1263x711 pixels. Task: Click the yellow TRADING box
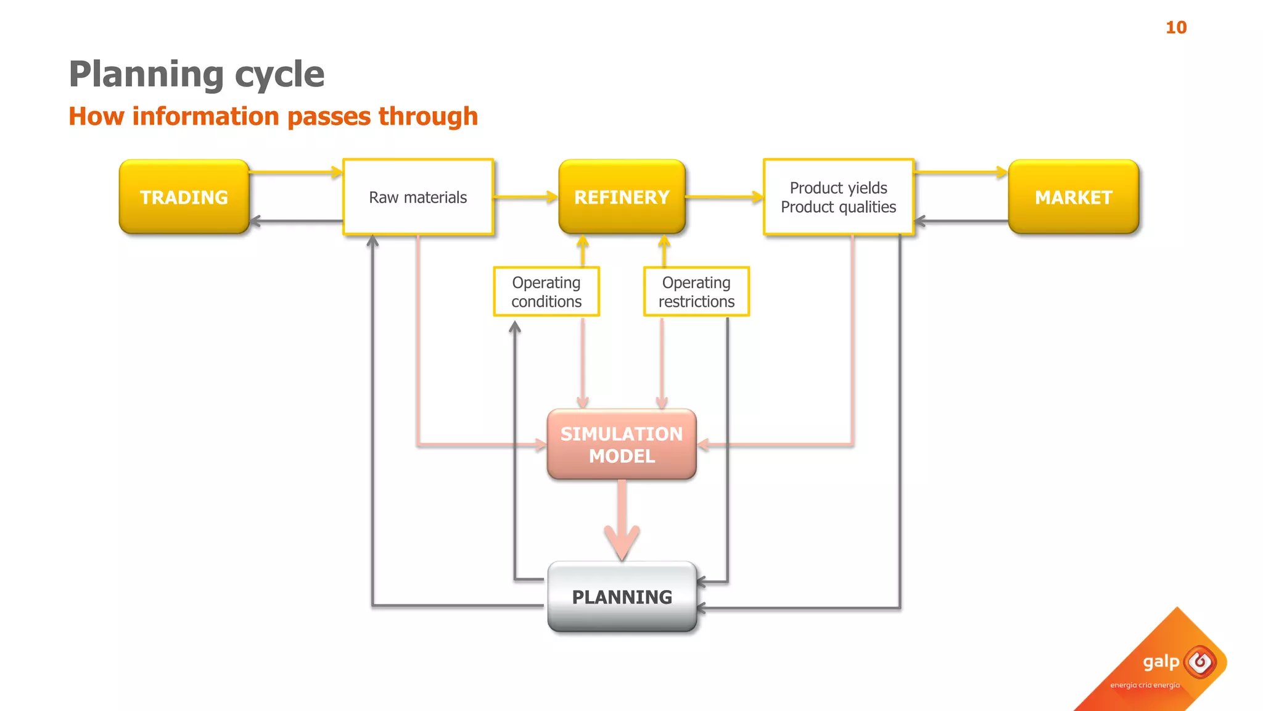pos(184,197)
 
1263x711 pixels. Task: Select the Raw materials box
pos(418,197)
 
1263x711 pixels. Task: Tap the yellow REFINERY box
pos(622,197)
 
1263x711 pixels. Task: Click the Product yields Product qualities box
pos(838,197)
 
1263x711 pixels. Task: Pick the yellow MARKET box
pos(1073,197)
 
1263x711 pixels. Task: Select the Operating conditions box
pos(546,291)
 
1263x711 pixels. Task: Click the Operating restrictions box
pos(696,291)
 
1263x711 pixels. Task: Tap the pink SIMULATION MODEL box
pos(622,444)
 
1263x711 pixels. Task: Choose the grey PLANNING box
pos(622,597)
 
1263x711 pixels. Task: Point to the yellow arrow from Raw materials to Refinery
pos(525,197)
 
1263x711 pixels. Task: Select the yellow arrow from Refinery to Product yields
pos(724,197)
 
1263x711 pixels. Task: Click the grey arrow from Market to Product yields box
pos(961,221)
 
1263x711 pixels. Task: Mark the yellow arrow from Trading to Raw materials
pos(296,172)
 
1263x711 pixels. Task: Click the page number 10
pos(1176,28)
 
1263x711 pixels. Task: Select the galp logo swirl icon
pos(1200,662)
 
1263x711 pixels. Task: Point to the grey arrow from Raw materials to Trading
pos(296,221)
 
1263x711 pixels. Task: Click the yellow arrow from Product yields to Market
pos(961,173)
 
